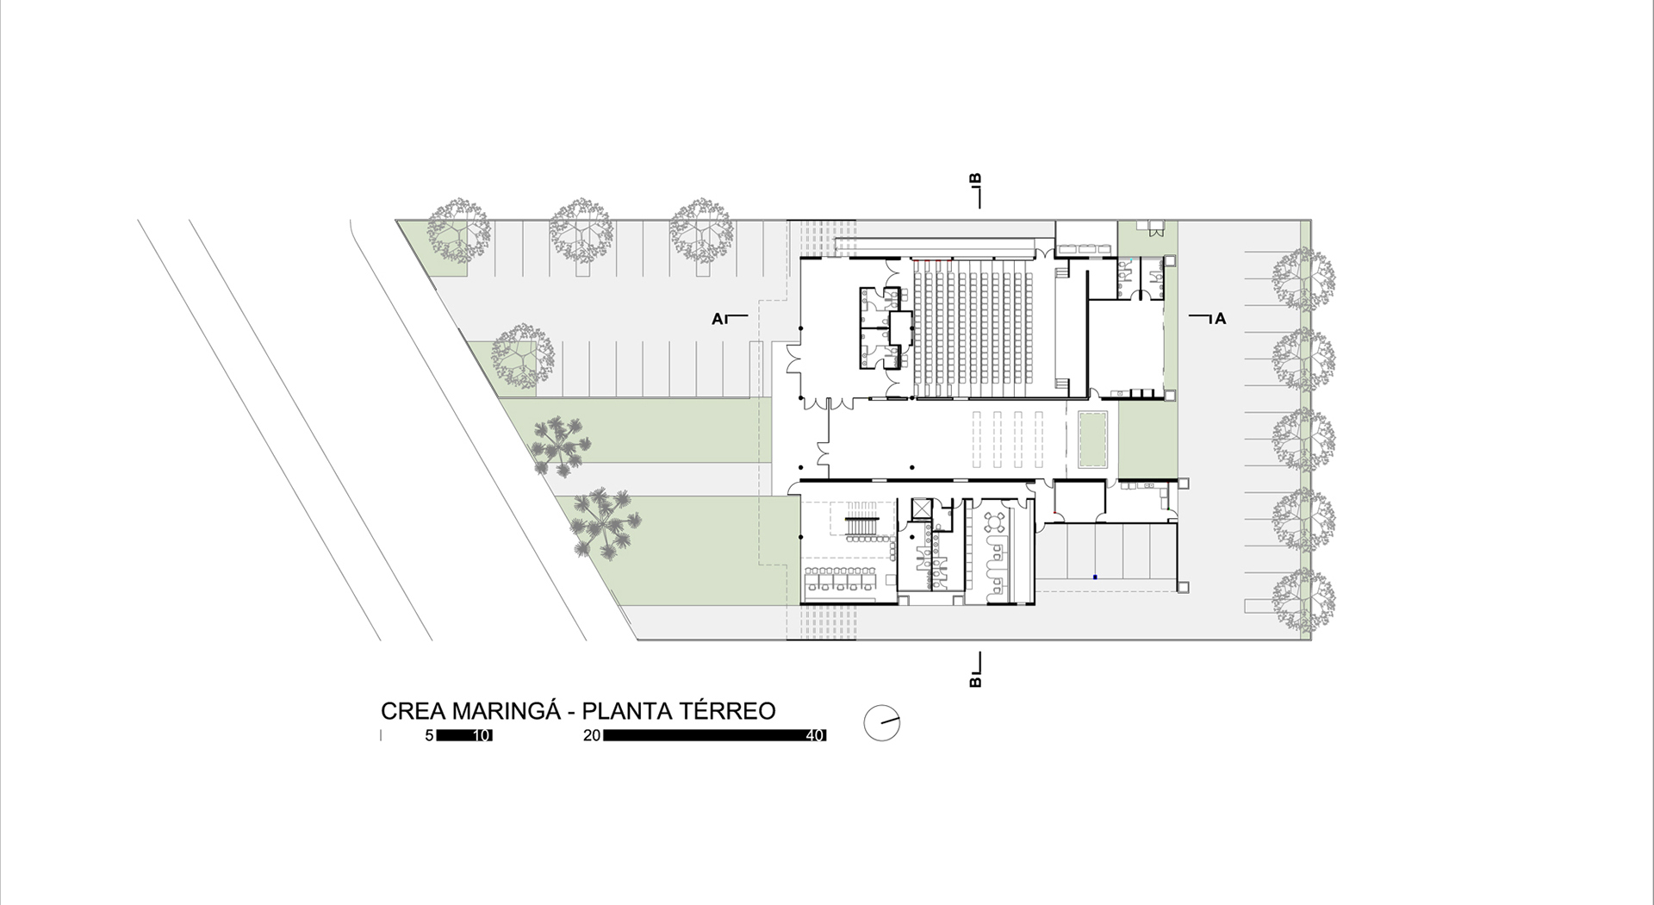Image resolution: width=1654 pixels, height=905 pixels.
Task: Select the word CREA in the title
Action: click(413, 711)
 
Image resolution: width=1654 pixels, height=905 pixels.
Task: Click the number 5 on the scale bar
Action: click(429, 736)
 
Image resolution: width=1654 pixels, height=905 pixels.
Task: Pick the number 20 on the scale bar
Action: click(592, 736)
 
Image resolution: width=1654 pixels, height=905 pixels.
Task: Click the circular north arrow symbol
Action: click(881, 723)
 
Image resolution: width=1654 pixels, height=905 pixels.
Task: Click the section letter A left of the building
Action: click(718, 319)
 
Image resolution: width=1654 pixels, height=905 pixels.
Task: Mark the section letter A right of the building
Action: click(1220, 319)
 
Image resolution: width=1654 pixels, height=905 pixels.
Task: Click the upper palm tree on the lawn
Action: click(561, 444)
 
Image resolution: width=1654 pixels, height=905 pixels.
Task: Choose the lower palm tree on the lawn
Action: click(606, 522)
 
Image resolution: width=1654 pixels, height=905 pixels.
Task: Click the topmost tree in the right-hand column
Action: click(1304, 279)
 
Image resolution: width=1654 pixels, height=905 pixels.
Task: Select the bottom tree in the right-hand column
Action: click(1304, 601)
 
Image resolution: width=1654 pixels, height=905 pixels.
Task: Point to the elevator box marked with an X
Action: click(922, 509)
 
